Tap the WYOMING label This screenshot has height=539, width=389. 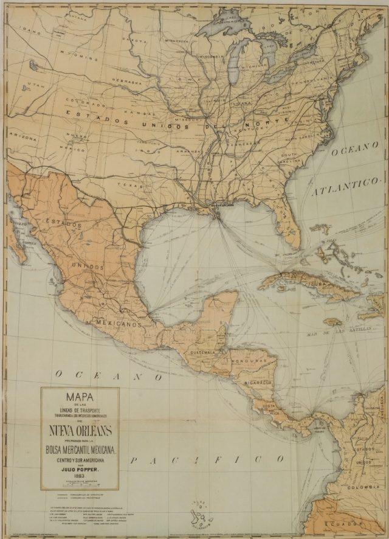click(82, 58)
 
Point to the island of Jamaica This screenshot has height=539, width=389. click(332, 322)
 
